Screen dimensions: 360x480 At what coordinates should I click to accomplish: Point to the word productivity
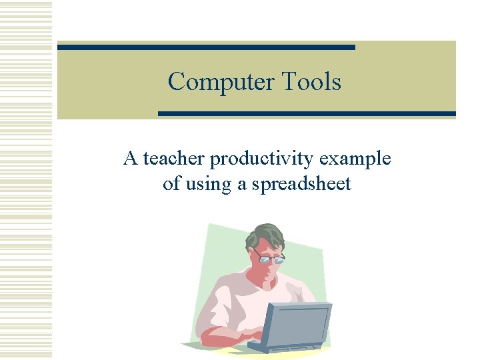click(262, 160)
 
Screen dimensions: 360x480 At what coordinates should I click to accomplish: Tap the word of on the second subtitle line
click(171, 184)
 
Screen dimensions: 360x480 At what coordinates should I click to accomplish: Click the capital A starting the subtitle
click(130, 159)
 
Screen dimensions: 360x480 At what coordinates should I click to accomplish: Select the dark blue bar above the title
click(206, 47)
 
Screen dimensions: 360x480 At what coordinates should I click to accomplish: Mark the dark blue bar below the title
click(307, 114)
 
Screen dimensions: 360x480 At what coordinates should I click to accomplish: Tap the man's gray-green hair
click(263, 235)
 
